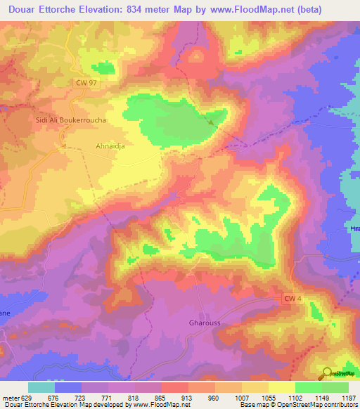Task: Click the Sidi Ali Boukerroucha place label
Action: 71,120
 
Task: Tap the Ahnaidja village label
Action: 110,147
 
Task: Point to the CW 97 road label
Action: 87,83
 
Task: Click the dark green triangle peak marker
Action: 211,121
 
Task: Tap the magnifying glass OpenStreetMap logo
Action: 326,374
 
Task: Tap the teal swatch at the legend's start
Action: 41,387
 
